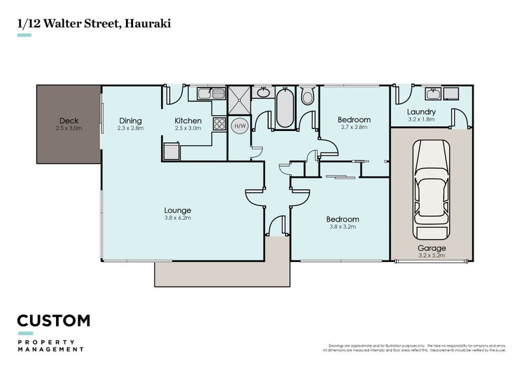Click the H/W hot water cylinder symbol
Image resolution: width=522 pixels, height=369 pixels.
240,126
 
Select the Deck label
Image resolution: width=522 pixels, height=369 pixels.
69,121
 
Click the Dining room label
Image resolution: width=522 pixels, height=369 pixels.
130,121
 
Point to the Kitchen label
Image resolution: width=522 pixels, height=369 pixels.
187,121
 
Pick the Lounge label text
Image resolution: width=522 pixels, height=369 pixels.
177,211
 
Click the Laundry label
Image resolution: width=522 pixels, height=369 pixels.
422,112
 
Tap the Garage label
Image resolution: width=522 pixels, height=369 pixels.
431,248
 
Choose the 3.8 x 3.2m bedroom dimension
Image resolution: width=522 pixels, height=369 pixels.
343,228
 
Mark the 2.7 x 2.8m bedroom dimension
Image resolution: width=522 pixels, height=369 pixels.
354,128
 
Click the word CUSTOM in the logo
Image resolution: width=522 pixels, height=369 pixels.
54,321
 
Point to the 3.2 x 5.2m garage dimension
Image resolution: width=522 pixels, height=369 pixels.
431,256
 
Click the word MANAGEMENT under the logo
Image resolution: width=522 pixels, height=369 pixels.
50,349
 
